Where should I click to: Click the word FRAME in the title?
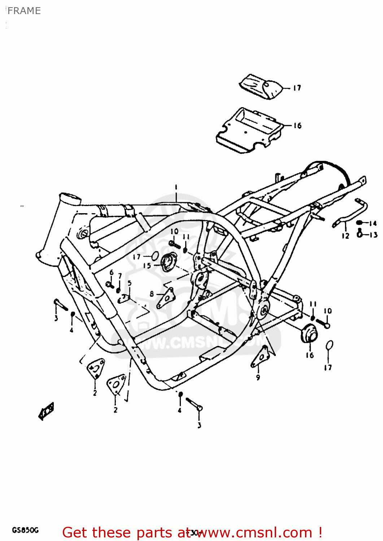point(24,11)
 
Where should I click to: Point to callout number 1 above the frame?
point(176,187)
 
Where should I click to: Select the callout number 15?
point(147,266)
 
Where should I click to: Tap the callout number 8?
point(152,294)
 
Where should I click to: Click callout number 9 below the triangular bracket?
point(258,378)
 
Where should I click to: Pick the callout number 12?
point(345,236)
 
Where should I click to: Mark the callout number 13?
point(373,235)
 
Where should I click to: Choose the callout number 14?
point(373,224)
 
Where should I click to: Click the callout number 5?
point(129,283)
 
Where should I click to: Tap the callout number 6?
point(111,272)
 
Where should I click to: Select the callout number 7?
point(120,276)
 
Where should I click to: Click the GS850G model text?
point(25,530)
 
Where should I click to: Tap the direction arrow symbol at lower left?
point(46,411)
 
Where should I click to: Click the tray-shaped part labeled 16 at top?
point(249,131)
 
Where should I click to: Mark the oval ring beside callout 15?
point(154,256)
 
